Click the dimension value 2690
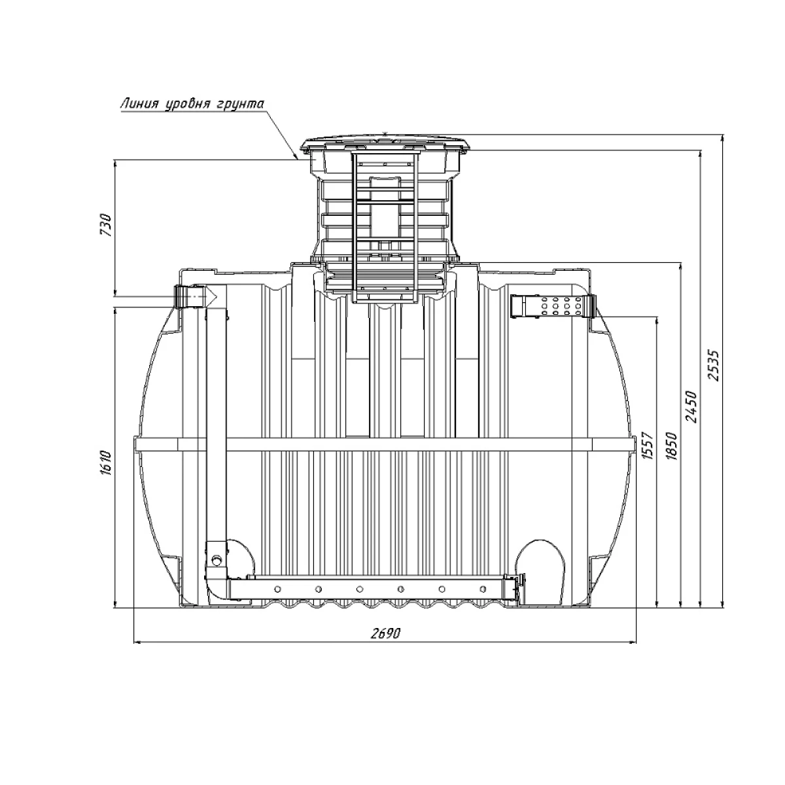pos(386,633)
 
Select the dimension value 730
pos(105,224)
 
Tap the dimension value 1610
pos(105,462)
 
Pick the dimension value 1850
pos(672,445)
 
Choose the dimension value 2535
pos(714,364)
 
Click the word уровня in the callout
pos(188,105)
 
